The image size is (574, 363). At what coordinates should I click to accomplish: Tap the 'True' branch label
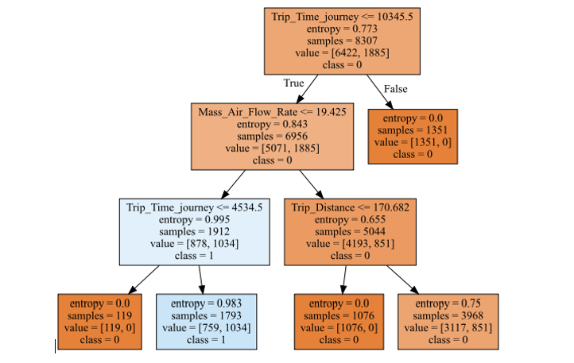point(294,82)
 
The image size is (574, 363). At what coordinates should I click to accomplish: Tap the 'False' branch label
point(395,88)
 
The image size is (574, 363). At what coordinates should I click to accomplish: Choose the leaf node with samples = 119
point(99,321)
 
